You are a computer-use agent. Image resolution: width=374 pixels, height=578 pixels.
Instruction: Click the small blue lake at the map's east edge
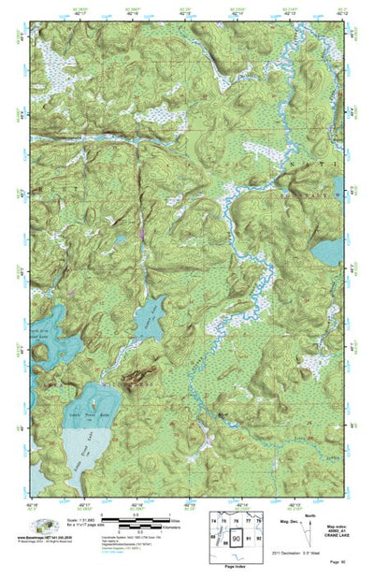328,252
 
